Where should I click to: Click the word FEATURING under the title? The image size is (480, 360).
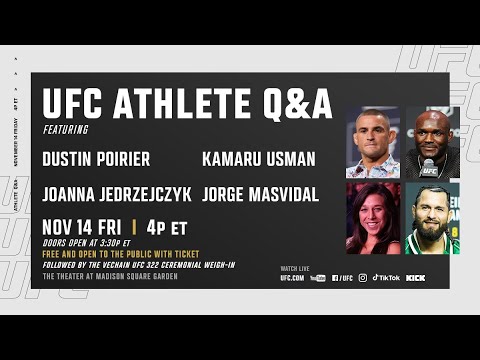tap(65, 128)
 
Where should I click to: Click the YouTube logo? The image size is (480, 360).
tap(318, 278)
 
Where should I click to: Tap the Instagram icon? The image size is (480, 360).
tap(362, 278)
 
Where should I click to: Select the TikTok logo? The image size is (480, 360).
tap(386, 278)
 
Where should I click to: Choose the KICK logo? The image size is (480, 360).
tap(416, 278)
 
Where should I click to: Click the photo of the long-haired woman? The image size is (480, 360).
tap(372, 219)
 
